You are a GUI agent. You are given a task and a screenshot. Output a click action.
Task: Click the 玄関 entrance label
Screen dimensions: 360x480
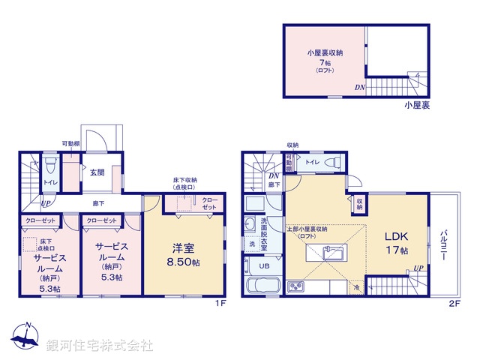[x=97, y=172]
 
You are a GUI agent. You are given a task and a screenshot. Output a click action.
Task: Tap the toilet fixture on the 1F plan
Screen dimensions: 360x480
[x=49, y=166]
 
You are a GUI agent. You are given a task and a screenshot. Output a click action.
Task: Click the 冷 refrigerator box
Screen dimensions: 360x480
[x=355, y=287]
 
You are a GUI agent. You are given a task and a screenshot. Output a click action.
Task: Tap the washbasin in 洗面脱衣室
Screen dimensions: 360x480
[x=250, y=223]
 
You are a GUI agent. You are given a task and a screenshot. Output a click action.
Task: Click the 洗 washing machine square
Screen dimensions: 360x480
[x=251, y=244]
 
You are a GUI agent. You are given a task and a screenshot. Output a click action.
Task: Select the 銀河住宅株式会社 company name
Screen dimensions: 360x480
[x=100, y=346]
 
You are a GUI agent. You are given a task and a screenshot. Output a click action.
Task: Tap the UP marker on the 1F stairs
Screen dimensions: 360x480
[x=46, y=203]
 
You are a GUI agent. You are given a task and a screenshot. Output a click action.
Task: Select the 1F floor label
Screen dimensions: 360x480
[x=219, y=304]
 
